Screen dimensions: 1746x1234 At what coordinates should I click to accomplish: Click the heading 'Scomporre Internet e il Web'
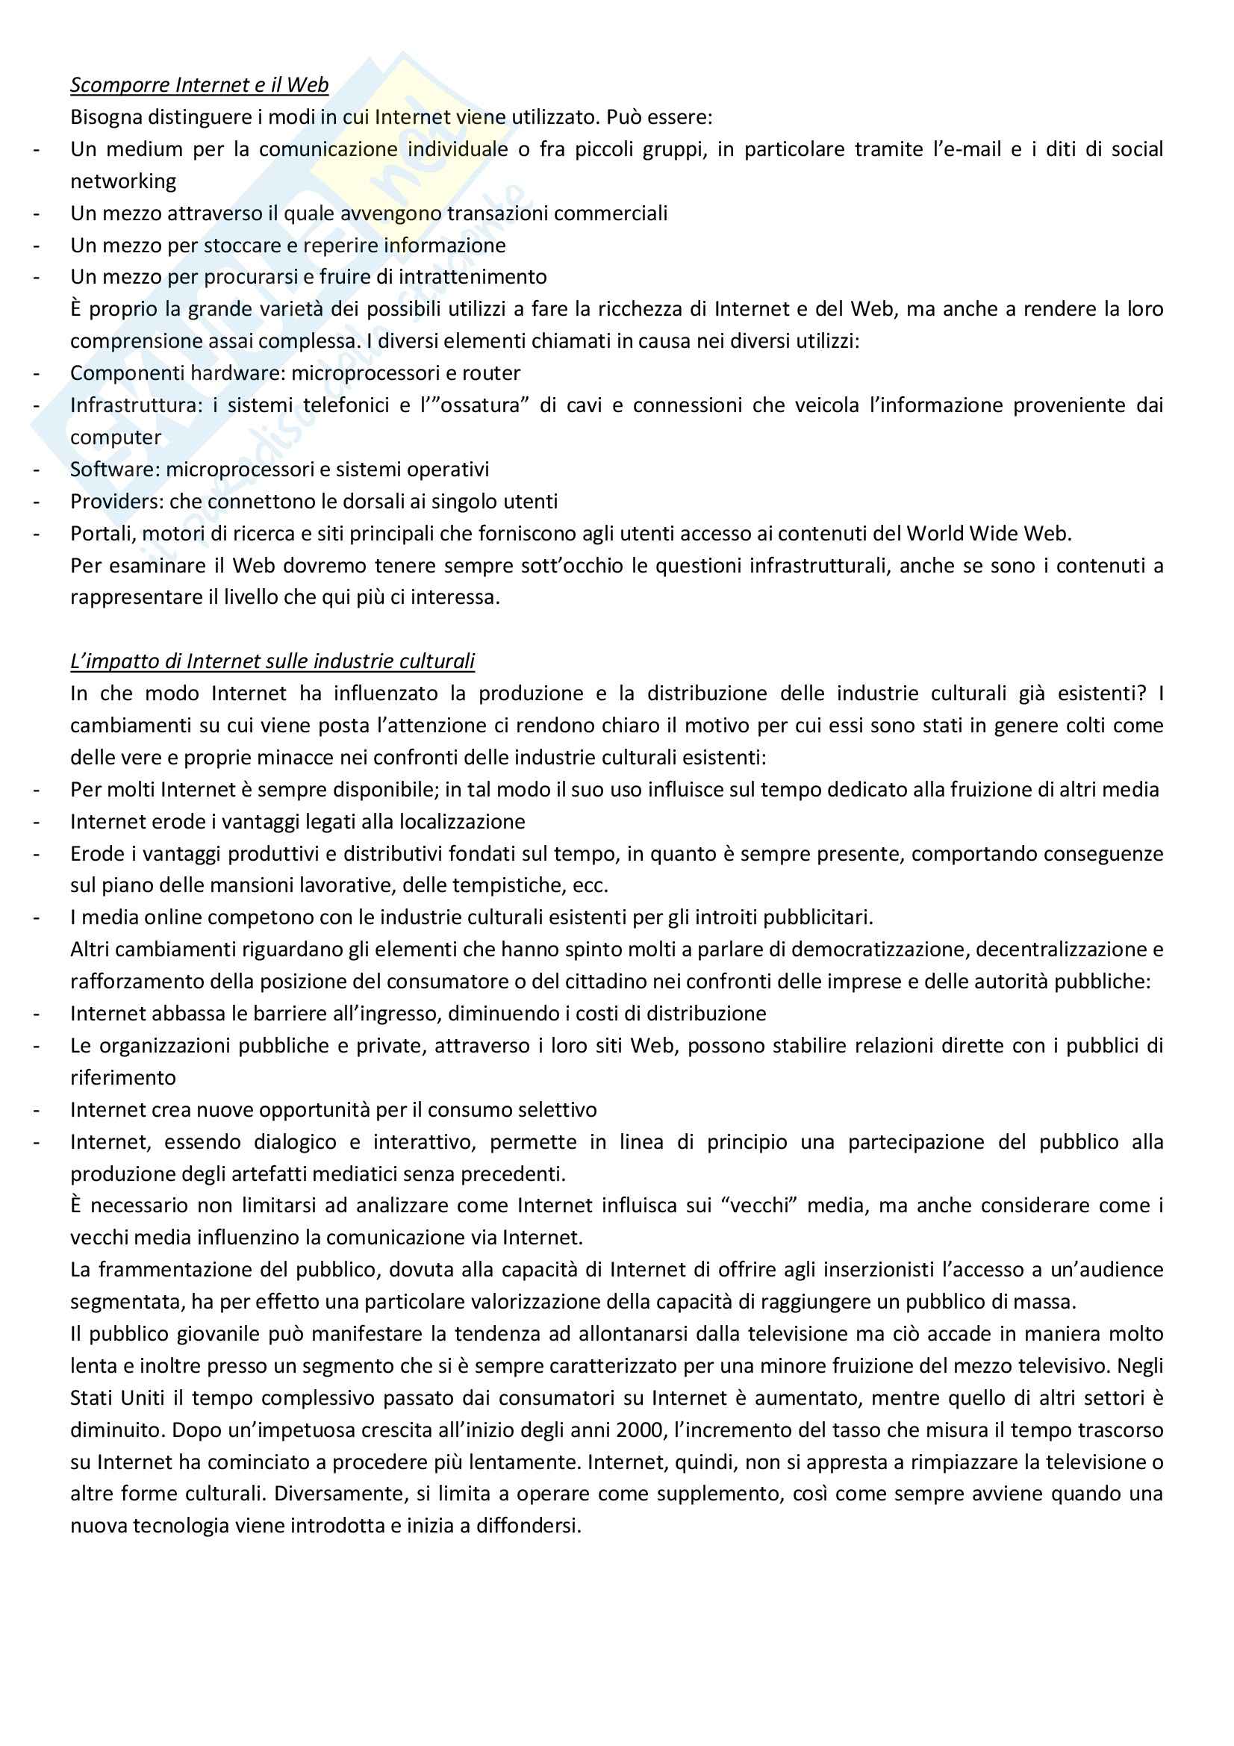point(199,84)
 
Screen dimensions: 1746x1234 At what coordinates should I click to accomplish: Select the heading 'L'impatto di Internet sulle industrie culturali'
point(272,661)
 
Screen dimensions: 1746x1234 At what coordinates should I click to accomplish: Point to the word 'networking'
point(123,181)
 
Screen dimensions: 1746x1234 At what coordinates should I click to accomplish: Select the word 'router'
point(492,372)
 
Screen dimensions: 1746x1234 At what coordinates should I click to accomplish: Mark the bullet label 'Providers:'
point(117,501)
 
